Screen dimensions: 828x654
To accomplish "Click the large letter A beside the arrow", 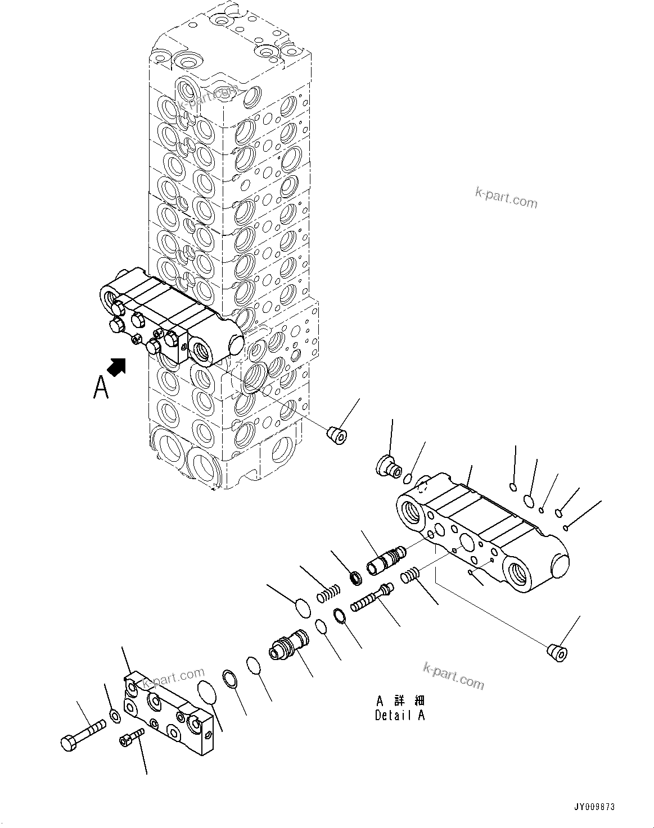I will point(101,387).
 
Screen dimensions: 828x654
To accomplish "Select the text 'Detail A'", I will point(400,716).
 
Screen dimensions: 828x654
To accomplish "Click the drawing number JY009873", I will point(594,807).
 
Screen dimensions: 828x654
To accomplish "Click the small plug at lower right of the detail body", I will point(557,653).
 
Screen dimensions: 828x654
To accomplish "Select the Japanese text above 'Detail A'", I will point(400,700).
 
